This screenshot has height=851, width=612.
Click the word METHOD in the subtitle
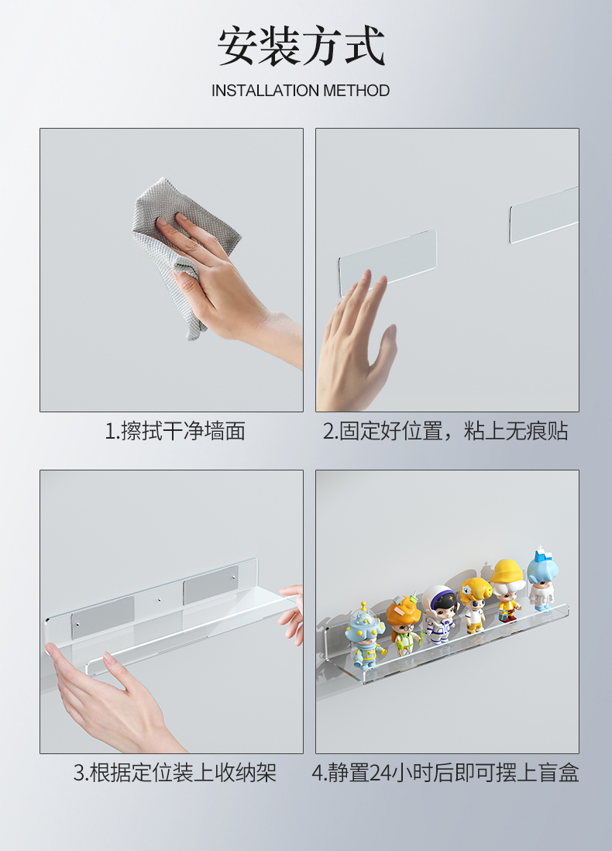356,91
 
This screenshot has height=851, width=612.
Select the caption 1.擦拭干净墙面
175,431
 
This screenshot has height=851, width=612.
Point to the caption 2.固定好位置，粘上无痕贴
445,431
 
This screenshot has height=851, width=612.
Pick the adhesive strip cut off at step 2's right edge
544,213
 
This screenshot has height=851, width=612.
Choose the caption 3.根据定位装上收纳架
175,773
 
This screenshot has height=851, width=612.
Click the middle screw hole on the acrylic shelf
159,600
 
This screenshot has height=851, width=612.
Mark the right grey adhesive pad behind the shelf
210,588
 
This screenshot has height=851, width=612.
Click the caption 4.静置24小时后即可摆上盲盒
445,773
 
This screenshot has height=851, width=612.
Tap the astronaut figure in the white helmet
439,612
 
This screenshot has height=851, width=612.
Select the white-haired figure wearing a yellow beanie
507,589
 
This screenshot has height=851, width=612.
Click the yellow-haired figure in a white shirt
474,602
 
